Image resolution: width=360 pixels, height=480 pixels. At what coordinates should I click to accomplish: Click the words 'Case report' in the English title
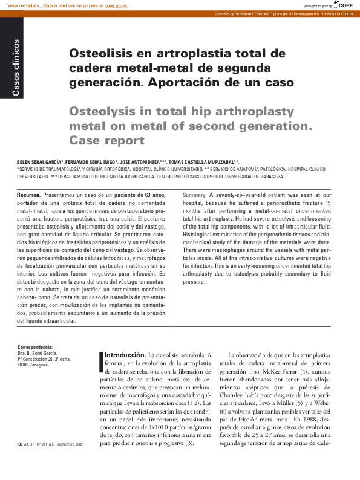coord(106,141)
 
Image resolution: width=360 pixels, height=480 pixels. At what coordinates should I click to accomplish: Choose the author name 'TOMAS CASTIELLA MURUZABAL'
coord(203,163)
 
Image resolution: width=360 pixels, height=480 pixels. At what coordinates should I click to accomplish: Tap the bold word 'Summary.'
coord(194,195)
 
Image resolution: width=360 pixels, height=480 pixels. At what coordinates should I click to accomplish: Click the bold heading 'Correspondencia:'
coord(35,347)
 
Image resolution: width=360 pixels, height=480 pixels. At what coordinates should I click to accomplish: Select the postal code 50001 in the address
coord(24,365)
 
